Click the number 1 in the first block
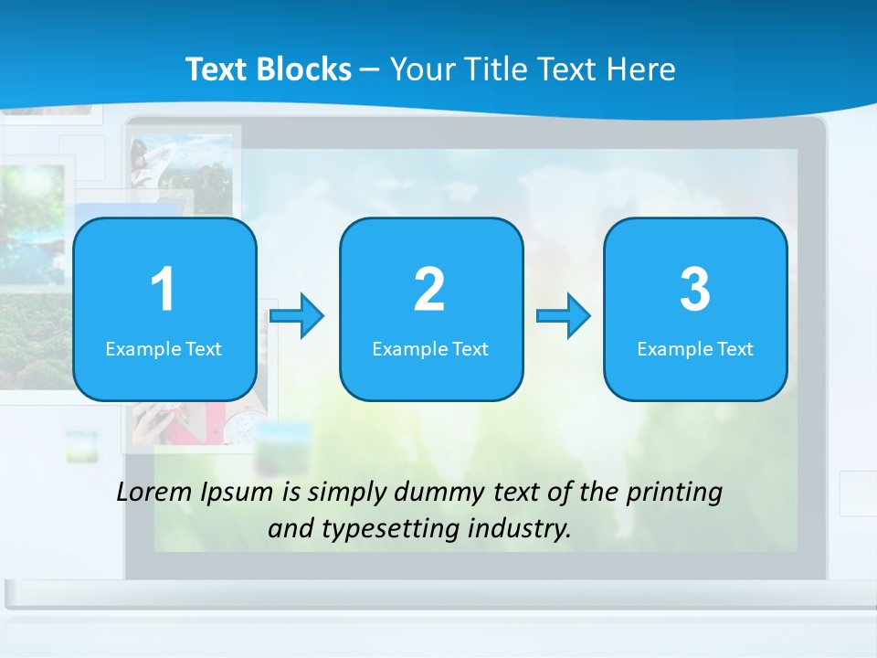pos(163,290)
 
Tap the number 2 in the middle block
pos(429,290)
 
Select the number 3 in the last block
pos(695,290)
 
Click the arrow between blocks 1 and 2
pos(298,316)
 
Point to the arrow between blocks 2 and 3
pos(564,316)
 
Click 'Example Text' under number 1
pos(164,349)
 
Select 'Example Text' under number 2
pos(430,349)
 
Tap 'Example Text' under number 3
pos(695,349)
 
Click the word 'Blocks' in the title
pos(303,69)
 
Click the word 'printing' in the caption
pos(673,493)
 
